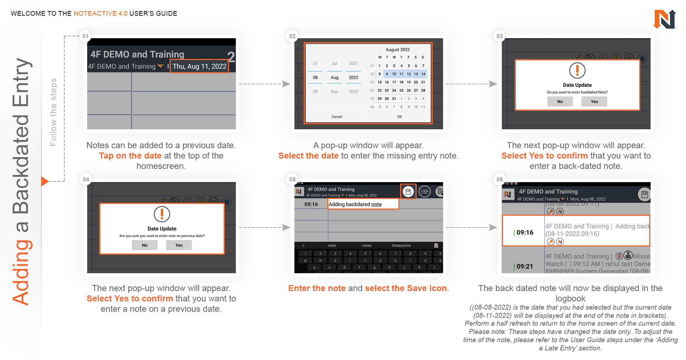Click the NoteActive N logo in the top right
pyautogui.click(x=665, y=19)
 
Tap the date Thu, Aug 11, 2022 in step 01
pyautogui.click(x=199, y=66)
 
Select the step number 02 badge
pyautogui.click(x=293, y=36)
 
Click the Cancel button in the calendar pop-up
pyautogui.click(x=337, y=117)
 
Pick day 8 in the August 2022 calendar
pyautogui.click(x=379, y=74)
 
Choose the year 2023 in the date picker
pyautogui.click(x=353, y=92)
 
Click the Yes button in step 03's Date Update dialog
pyautogui.click(x=594, y=102)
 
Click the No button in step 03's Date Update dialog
pyautogui.click(x=560, y=102)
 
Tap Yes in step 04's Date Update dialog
pyautogui.click(x=179, y=245)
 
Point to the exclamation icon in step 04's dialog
pyautogui.click(x=162, y=214)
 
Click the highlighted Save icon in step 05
pyautogui.click(x=408, y=192)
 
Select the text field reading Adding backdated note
pyautogui.click(x=363, y=204)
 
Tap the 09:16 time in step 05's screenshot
pyautogui.click(x=311, y=204)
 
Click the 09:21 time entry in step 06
pyautogui.click(x=525, y=266)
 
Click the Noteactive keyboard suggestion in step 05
pyautogui.click(x=401, y=246)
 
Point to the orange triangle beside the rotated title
pyautogui.click(x=44, y=181)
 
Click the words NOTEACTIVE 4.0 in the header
pyautogui.click(x=100, y=14)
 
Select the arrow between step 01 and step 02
pyautogui.click(x=264, y=84)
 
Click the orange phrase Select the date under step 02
pyautogui.click(x=308, y=156)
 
